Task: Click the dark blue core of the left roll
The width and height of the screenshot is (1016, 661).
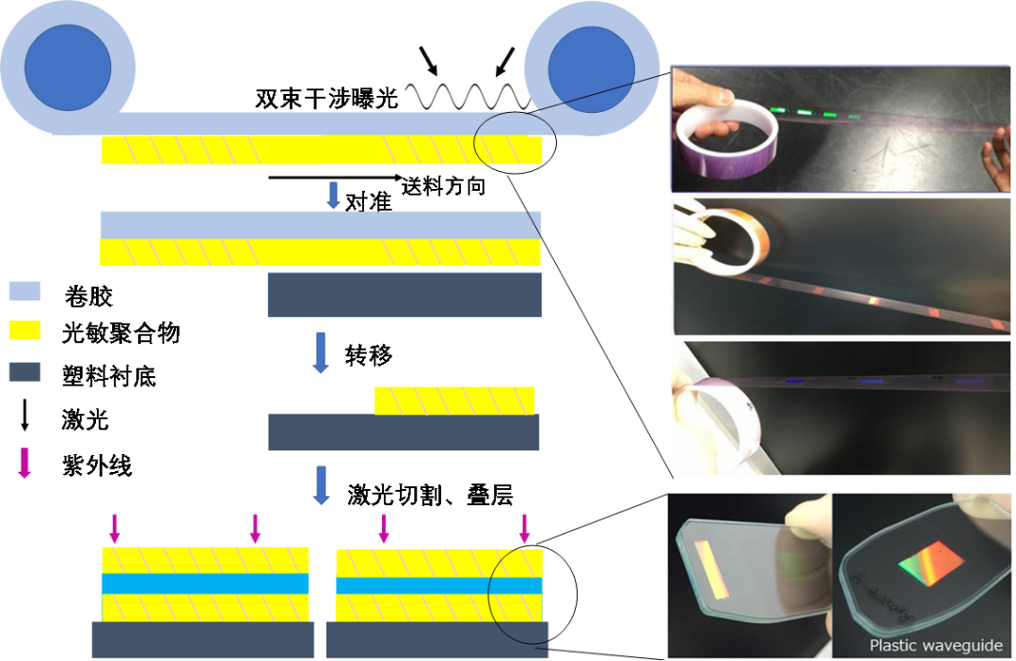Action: click(x=68, y=68)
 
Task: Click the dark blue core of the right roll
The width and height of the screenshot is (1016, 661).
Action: click(x=591, y=70)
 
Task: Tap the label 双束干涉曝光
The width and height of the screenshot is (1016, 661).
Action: click(x=326, y=99)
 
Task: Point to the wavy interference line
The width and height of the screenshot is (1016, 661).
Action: click(x=468, y=97)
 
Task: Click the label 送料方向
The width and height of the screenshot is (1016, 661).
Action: click(x=444, y=186)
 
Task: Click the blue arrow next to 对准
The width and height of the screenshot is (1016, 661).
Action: click(x=333, y=195)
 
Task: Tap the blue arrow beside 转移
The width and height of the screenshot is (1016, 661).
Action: click(x=321, y=353)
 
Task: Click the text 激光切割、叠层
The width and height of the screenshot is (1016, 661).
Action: click(x=430, y=496)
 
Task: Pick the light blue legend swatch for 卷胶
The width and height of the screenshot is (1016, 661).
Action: click(x=24, y=291)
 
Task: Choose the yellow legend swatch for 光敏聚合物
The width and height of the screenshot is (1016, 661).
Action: click(x=24, y=330)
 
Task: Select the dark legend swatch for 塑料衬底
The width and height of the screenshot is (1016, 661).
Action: click(x=24, y=372)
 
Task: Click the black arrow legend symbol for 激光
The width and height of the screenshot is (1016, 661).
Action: click(x=24, y=415)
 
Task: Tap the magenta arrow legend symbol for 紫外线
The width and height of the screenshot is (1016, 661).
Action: click(x=24, y=463)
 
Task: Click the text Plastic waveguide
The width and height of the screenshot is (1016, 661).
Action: click(x=936, y=645)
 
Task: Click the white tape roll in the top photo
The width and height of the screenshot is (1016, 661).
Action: click(x=725, y=138)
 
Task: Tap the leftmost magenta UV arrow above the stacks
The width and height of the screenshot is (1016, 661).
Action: click(x=115, y=528)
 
